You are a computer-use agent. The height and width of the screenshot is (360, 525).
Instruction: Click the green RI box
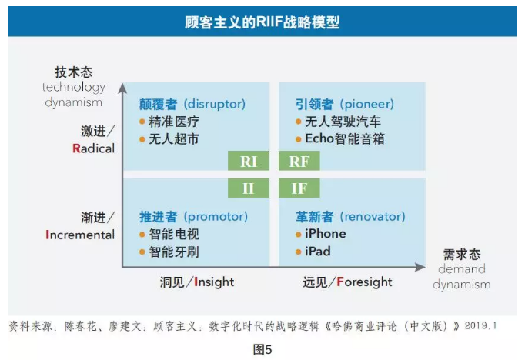tap(249, 162)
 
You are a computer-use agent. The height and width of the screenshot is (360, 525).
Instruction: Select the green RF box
tap(299, 162)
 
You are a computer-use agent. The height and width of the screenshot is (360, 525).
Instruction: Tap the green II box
tap(249, 188)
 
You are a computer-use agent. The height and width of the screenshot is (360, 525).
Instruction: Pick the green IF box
tap(299, 188)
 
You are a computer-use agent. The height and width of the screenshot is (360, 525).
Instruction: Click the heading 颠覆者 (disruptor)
tap(192, 104)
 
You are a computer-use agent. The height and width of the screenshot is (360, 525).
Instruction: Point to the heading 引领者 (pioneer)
tap(344, 104)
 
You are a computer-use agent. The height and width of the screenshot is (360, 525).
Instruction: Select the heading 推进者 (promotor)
tap(193, 216)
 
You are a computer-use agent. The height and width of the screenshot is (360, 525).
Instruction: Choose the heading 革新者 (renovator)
tap(350, 216)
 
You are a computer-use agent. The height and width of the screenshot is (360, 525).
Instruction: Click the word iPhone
tap(326, 234)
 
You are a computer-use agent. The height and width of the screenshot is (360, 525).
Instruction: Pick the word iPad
tap(318, 252)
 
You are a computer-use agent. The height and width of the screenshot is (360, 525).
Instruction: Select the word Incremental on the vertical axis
tap(80, 235)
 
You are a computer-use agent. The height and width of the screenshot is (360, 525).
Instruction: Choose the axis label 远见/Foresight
tap(347, 282)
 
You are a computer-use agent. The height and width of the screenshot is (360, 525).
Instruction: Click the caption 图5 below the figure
tap(262, 348)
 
